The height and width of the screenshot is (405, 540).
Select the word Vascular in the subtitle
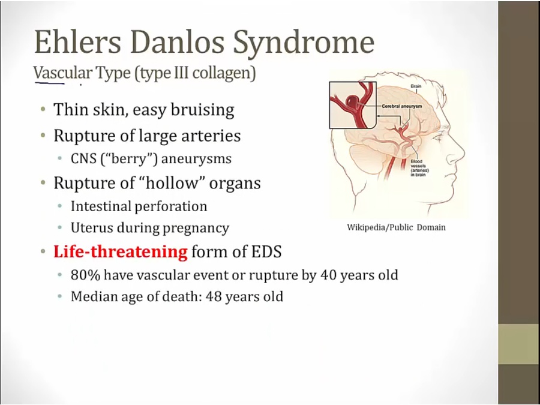[x=62, y=73]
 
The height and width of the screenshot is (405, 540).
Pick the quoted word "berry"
[x=129, y=159]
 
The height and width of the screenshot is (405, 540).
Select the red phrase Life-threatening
[x=121, y=251]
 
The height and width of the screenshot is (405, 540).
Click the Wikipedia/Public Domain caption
[x=396, y=227]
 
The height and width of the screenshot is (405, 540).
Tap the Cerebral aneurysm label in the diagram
[x=401, y=106]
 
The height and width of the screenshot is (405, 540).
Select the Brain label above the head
[x=416, y=86]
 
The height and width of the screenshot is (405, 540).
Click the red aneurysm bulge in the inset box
[x=351, y=101]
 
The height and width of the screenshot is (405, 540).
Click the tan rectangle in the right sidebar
[x=519, y=344]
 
